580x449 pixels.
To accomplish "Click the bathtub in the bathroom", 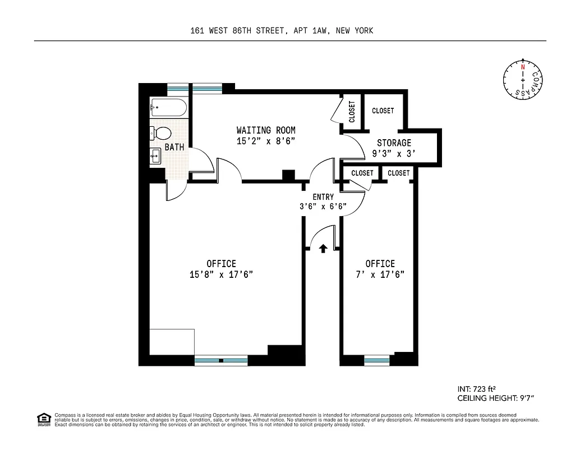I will pos(168,108).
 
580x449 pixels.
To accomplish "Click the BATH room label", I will pos(174,148).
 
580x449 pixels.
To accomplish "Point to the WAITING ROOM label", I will pos(266,130).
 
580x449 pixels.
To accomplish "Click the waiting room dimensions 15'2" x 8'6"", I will pos(266,142).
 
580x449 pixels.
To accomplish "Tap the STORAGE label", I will pos(394,143).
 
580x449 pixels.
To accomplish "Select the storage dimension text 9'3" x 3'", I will pos(394,153).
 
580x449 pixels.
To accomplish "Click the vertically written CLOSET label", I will pos(352,112).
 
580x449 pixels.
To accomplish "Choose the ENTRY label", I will pos(323,197).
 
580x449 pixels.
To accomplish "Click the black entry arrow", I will pos(323,248).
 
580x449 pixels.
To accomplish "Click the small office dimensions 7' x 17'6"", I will pos(380,274).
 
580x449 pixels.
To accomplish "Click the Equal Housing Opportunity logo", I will pos(43,419).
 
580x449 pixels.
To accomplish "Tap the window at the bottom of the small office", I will pos(377,360).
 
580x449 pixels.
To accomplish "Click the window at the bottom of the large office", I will pos(221,360).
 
